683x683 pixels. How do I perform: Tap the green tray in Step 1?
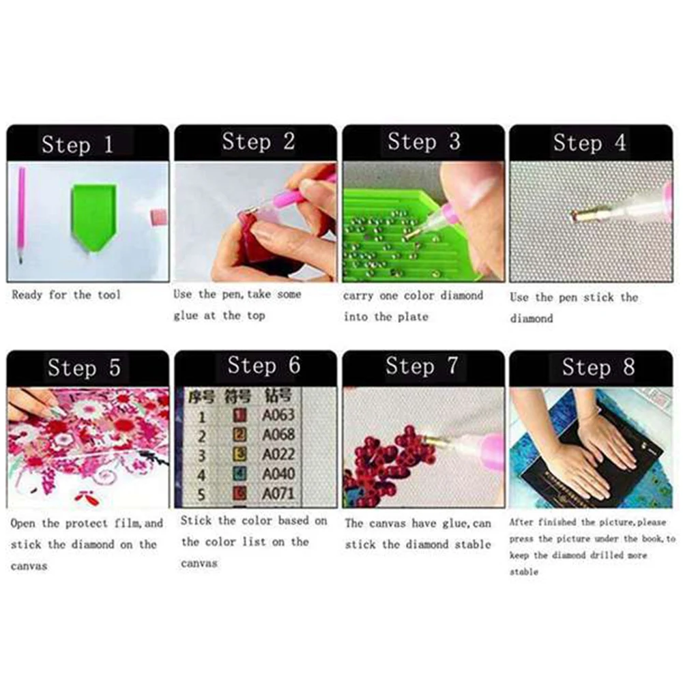click(93, 214)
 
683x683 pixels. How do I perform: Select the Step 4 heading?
click(589, 143)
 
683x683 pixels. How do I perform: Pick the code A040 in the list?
click(278, 474)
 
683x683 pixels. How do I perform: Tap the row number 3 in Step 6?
click(201, 455)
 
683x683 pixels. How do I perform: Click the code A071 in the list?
click(278, 493)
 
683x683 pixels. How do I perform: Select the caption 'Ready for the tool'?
click(66, 295)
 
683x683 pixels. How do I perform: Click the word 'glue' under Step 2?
click(186, 316)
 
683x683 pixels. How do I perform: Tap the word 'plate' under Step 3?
click(413, 317)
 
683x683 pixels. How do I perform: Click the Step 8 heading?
click(598, 368)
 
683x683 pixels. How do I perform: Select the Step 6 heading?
click(263, 366)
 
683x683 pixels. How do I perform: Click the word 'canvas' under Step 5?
click(29, 566)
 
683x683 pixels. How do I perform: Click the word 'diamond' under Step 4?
click(532, 319)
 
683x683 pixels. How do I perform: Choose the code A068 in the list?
click(278, 434)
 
